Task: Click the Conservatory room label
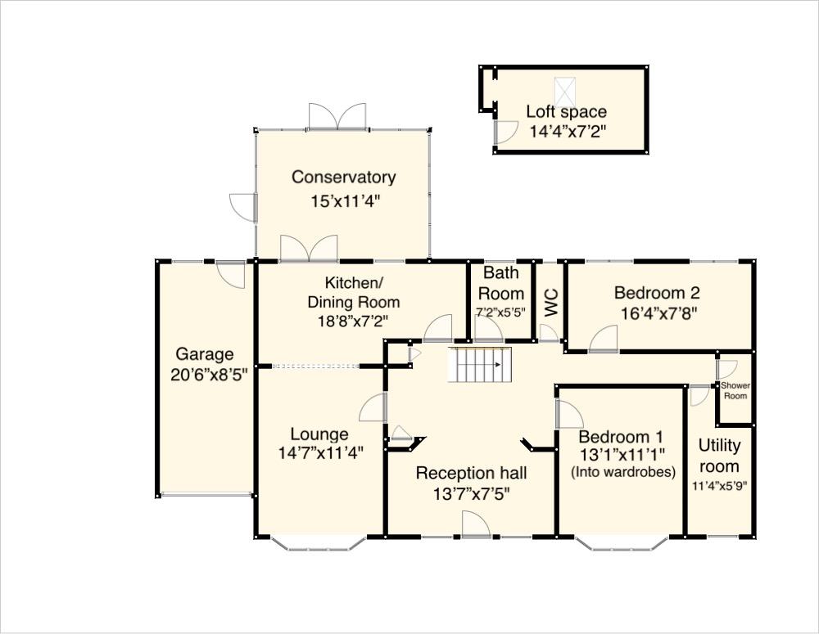[343, 178]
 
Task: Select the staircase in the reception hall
[480, 365]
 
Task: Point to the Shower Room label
[735, 390]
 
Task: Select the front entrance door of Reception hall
[476, 524]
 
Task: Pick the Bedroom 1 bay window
[622, 542]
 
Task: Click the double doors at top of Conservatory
[337, 116]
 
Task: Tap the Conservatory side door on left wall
[244, 206]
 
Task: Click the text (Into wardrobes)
[622, 472]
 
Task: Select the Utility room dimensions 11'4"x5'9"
[719, 485]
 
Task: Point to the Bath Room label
[500, 283]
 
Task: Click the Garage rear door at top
[231, 273]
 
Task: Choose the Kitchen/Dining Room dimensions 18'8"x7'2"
[353, 321]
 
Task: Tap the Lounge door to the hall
[373, 407]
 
